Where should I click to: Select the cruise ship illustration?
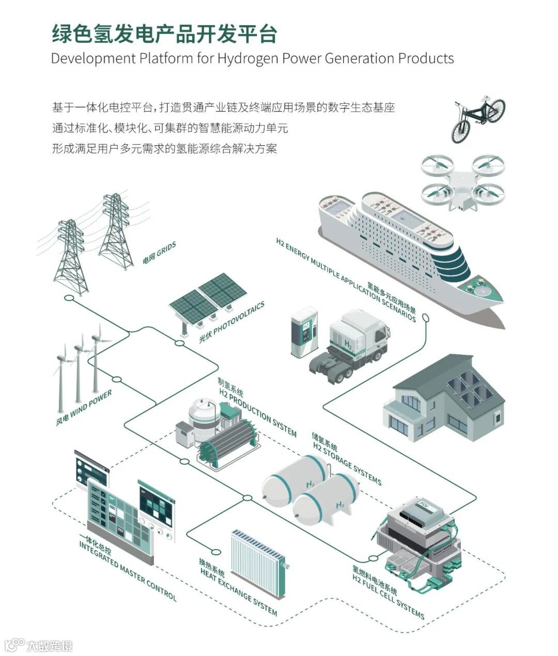pyautogui.click(x=408, y=253)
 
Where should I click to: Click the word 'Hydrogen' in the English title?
pyautogui.click(x=247, y=58)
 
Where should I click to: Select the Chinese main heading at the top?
pyautogui.click(x=164, y=34)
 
